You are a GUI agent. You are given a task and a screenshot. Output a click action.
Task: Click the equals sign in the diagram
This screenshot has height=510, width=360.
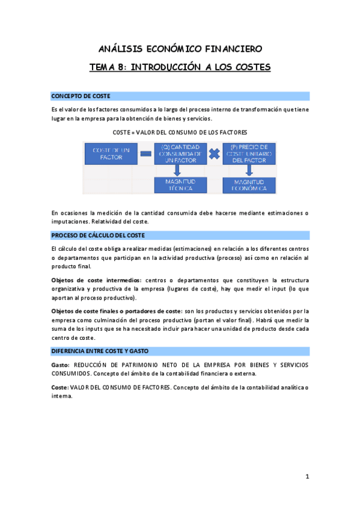coord(145,153)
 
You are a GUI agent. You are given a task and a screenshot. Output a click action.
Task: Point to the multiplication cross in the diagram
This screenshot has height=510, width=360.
coord(214,153)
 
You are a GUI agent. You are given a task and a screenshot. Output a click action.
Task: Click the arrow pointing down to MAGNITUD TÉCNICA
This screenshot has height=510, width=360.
coord(177,171)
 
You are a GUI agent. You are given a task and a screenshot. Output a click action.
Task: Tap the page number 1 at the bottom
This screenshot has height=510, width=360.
coord(307,477)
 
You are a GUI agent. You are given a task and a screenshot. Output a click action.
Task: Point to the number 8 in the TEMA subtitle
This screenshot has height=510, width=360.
coord(123,67)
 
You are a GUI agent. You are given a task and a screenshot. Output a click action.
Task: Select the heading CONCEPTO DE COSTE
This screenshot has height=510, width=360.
coord(81,96)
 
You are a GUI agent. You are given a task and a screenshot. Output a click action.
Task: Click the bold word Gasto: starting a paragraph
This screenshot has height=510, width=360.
coord(60,365)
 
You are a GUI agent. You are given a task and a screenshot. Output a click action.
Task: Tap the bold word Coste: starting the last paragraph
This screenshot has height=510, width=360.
coord(59,388)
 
